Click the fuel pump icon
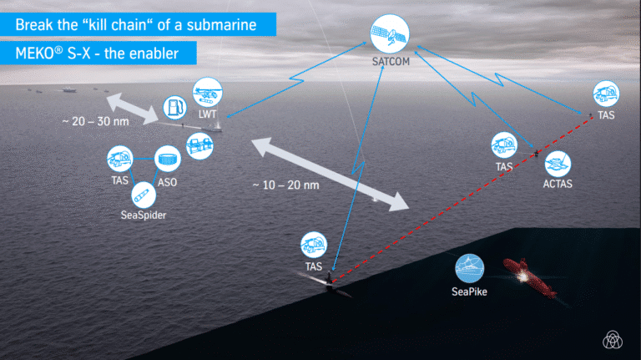tap(174, 108)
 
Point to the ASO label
tap(168, 182)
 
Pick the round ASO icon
tap(168, 159)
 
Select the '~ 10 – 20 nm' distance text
tap(281, 184)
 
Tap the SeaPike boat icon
tap(468, 268)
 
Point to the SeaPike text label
tap(468, 292)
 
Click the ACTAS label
tap(558, 181)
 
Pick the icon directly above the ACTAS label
tap(558, 161)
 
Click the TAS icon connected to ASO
tap(119, 157)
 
